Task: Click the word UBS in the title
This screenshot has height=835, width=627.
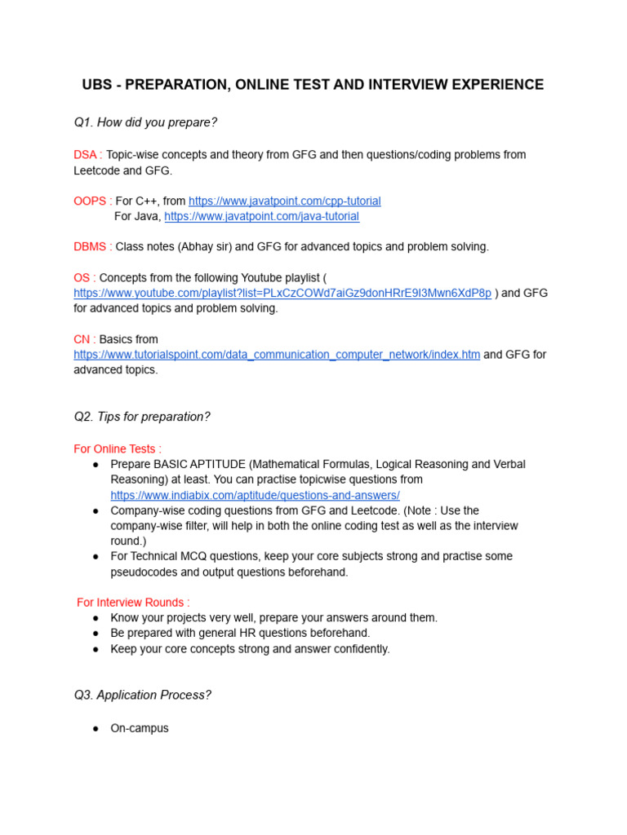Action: coord(97,85)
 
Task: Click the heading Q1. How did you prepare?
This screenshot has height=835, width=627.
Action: coord(145,122)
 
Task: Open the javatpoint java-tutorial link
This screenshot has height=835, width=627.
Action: coord(261,216)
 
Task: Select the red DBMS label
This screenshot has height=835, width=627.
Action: coord(90,246)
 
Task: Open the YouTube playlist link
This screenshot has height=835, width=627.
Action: coord(282,293)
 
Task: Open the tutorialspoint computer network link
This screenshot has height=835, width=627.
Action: coord(277,355)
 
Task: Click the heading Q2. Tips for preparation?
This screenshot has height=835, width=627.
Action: coord(142,417)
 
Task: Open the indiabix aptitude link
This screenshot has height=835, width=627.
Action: coord(255,495)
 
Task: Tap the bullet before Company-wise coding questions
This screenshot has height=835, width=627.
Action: coord(96,510)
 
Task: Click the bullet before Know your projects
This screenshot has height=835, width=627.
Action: coord(96,618)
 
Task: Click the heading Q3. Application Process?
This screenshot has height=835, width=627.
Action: coord(142,696)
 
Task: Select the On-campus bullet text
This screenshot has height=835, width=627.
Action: coord(140,728)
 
